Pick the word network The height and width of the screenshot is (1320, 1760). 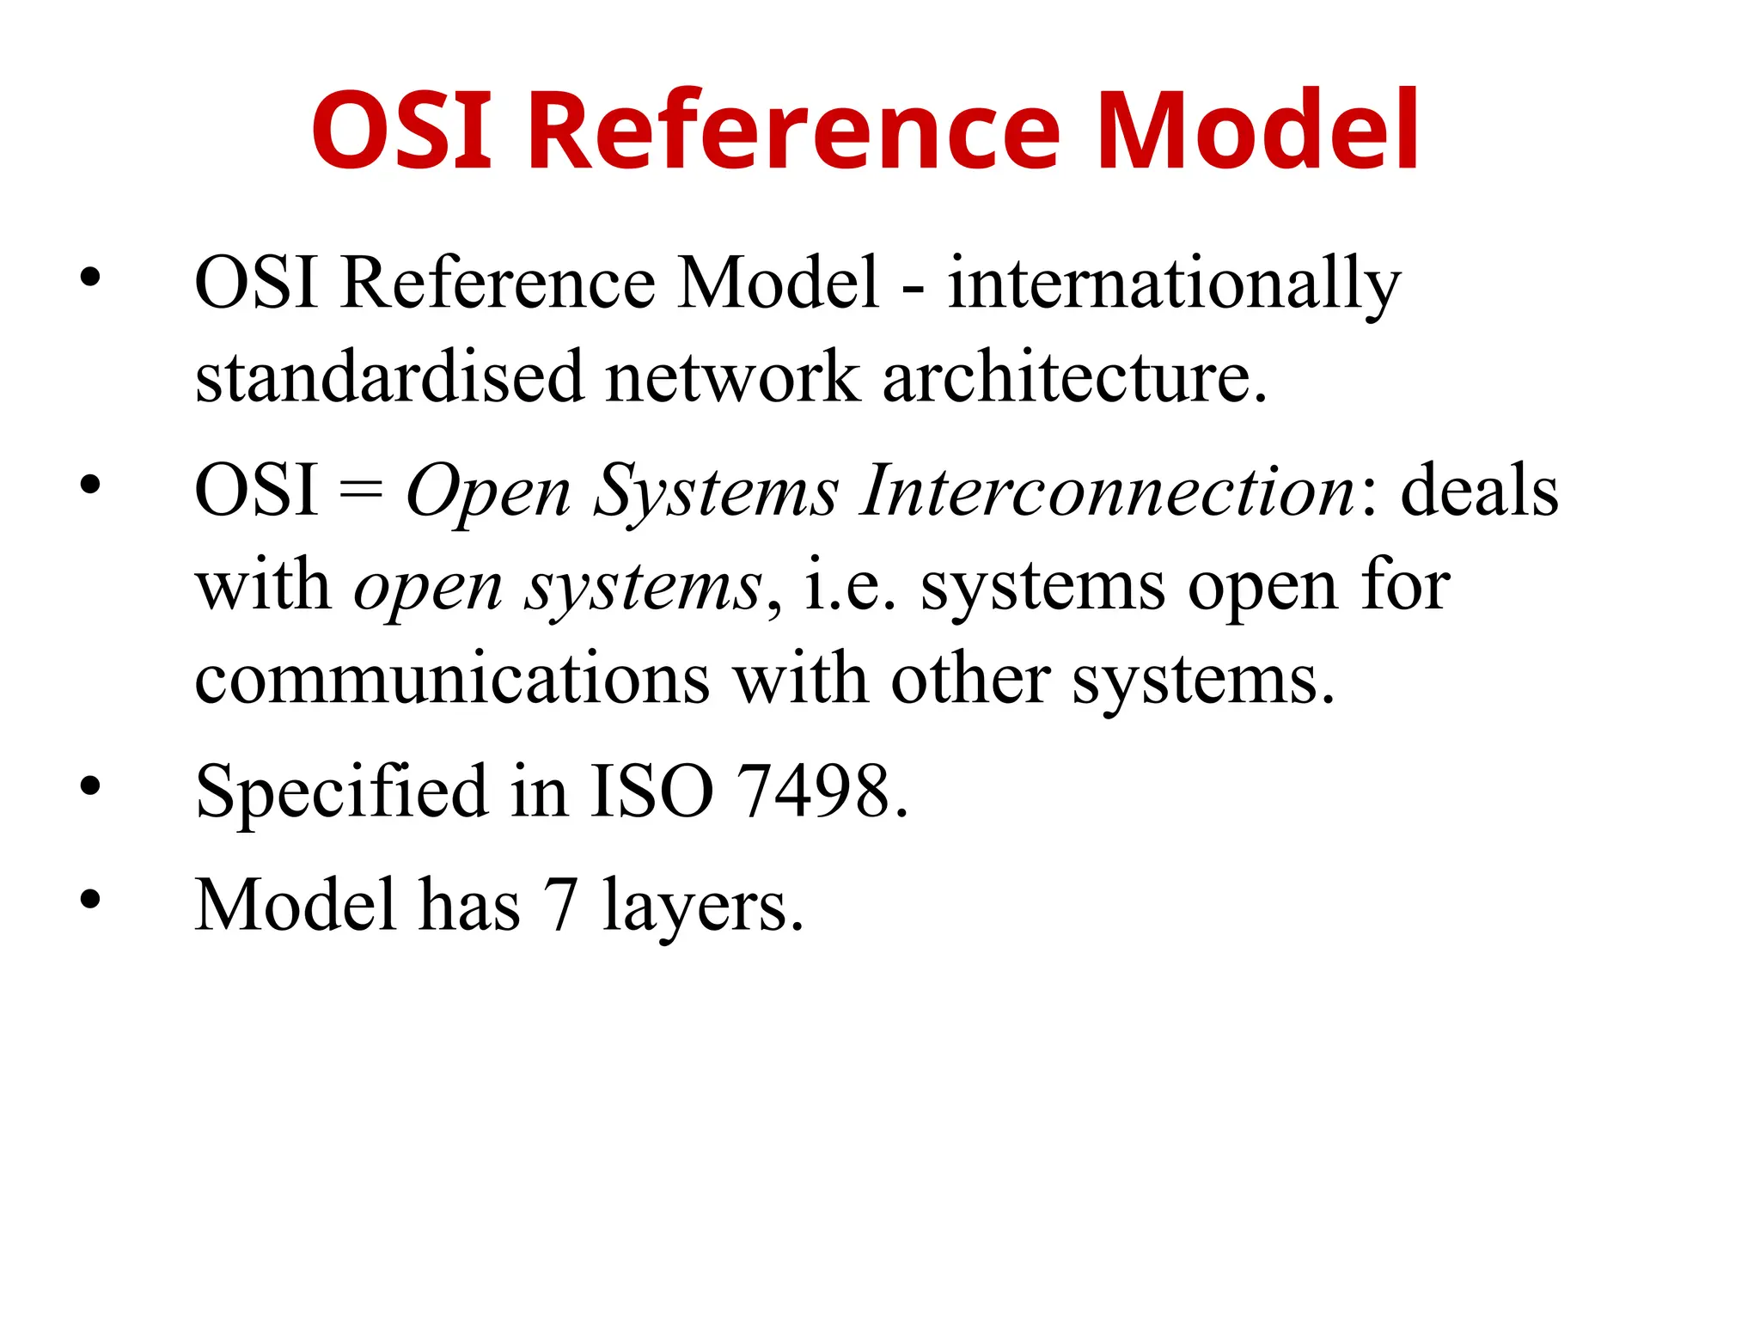pyautogui.click(x=732, y=378)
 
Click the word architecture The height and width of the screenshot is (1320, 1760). pyautogui.click(x=1074, y=378)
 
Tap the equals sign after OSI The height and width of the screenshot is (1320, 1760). pyautogui.click(x=361, y=492)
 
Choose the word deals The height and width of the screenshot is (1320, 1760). pyautogui.click(x=1479, y=492)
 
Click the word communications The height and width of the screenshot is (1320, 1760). pyautogui.click(x=452, y=680)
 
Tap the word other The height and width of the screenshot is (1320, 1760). pyautogui.click(x=970, y=680)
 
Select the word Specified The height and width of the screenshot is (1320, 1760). pyautogui.click(x=341, y=791)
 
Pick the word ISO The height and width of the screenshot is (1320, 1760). pyautogui.click(x=651, y=791)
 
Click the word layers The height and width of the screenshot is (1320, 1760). pyautogui.click(x=702, y=906)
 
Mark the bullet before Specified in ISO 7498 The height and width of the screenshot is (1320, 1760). pyautogui.click(x=90, y=786)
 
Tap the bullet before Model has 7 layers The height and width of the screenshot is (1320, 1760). pyautogui.click(x=90, y=900)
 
